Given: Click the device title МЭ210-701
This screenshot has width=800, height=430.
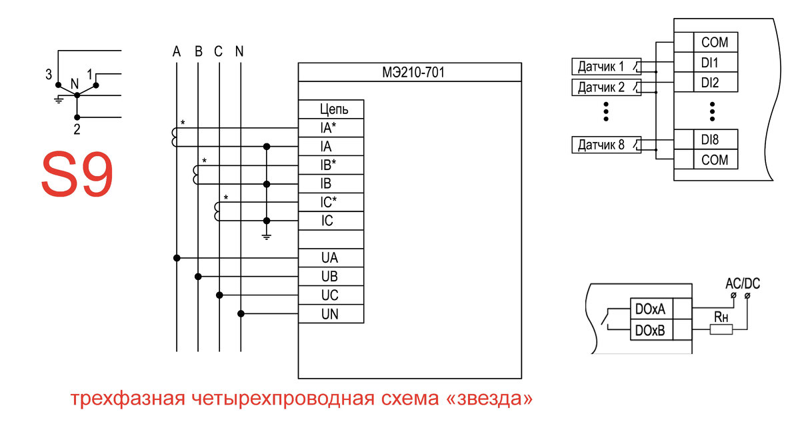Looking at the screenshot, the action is click(x=413, y=73).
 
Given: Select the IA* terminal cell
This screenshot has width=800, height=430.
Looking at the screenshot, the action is click(x=331, y=128).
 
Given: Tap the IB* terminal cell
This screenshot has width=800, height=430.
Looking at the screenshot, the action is click(x=331, y=165).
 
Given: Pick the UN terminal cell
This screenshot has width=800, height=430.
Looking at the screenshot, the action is click(x=331, y=314).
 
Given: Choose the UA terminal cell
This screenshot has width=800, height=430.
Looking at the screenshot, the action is click(x=331, y=258).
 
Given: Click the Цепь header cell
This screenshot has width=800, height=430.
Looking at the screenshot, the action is click(x=331, y=109).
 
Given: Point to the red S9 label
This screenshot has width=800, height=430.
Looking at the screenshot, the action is click(x=77, y=174).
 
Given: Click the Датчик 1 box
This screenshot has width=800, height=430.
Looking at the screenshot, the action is click(x=607, y=67).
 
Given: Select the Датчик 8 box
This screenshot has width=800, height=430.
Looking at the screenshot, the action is click(x=607, y=145).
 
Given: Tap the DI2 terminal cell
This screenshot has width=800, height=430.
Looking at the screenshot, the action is click(x=716, y=83).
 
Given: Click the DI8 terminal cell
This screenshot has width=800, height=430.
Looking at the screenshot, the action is click(x=716, y=139).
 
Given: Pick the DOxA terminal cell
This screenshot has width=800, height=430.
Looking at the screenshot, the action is click(x=651, y=309).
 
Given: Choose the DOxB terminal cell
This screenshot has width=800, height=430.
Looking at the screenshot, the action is click(x=651, y=330).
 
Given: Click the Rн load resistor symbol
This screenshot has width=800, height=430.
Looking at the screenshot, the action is click(x=721, y=329).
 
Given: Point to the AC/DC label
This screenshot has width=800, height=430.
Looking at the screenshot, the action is click(x=743, y=283).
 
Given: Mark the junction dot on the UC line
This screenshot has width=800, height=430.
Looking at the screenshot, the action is click(x=219, y=295).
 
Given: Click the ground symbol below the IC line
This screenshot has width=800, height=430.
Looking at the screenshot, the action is click(x=267, y=237).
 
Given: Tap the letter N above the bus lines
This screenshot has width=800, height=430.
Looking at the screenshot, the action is click(x=239, y=52).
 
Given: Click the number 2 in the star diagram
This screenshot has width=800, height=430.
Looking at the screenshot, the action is click(x=77, y=129).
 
